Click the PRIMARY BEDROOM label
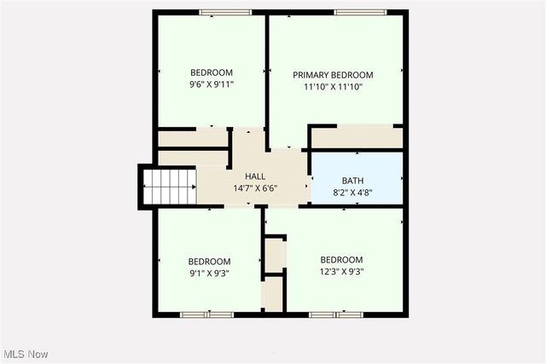click(x=333, y=75)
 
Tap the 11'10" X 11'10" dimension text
click(x=333, y=86)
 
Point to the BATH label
click(x=352, y=181)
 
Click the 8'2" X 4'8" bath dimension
click(x=352, y=192)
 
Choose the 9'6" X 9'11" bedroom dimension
click(x=211, y=84)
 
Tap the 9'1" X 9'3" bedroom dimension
click(x=209, y=273)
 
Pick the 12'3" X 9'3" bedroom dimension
click(x=341, y=271)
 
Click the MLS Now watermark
click(x=25, y=354)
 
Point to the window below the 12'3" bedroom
click(x=331, y=315)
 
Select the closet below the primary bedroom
click(x=356, y=136)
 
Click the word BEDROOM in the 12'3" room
click(x=341, y=260)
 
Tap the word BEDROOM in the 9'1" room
click(x=209, y=262)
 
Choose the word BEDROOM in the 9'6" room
click(x=211, y=73)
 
